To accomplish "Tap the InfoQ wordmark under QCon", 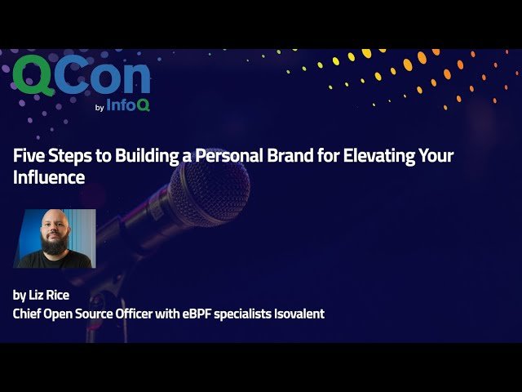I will (128, 104).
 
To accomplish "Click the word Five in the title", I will (29, 156).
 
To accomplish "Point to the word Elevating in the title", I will (383, 156).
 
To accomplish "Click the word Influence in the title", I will (49, 177).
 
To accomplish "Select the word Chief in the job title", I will (29, 314).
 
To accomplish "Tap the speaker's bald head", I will (54, 220).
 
